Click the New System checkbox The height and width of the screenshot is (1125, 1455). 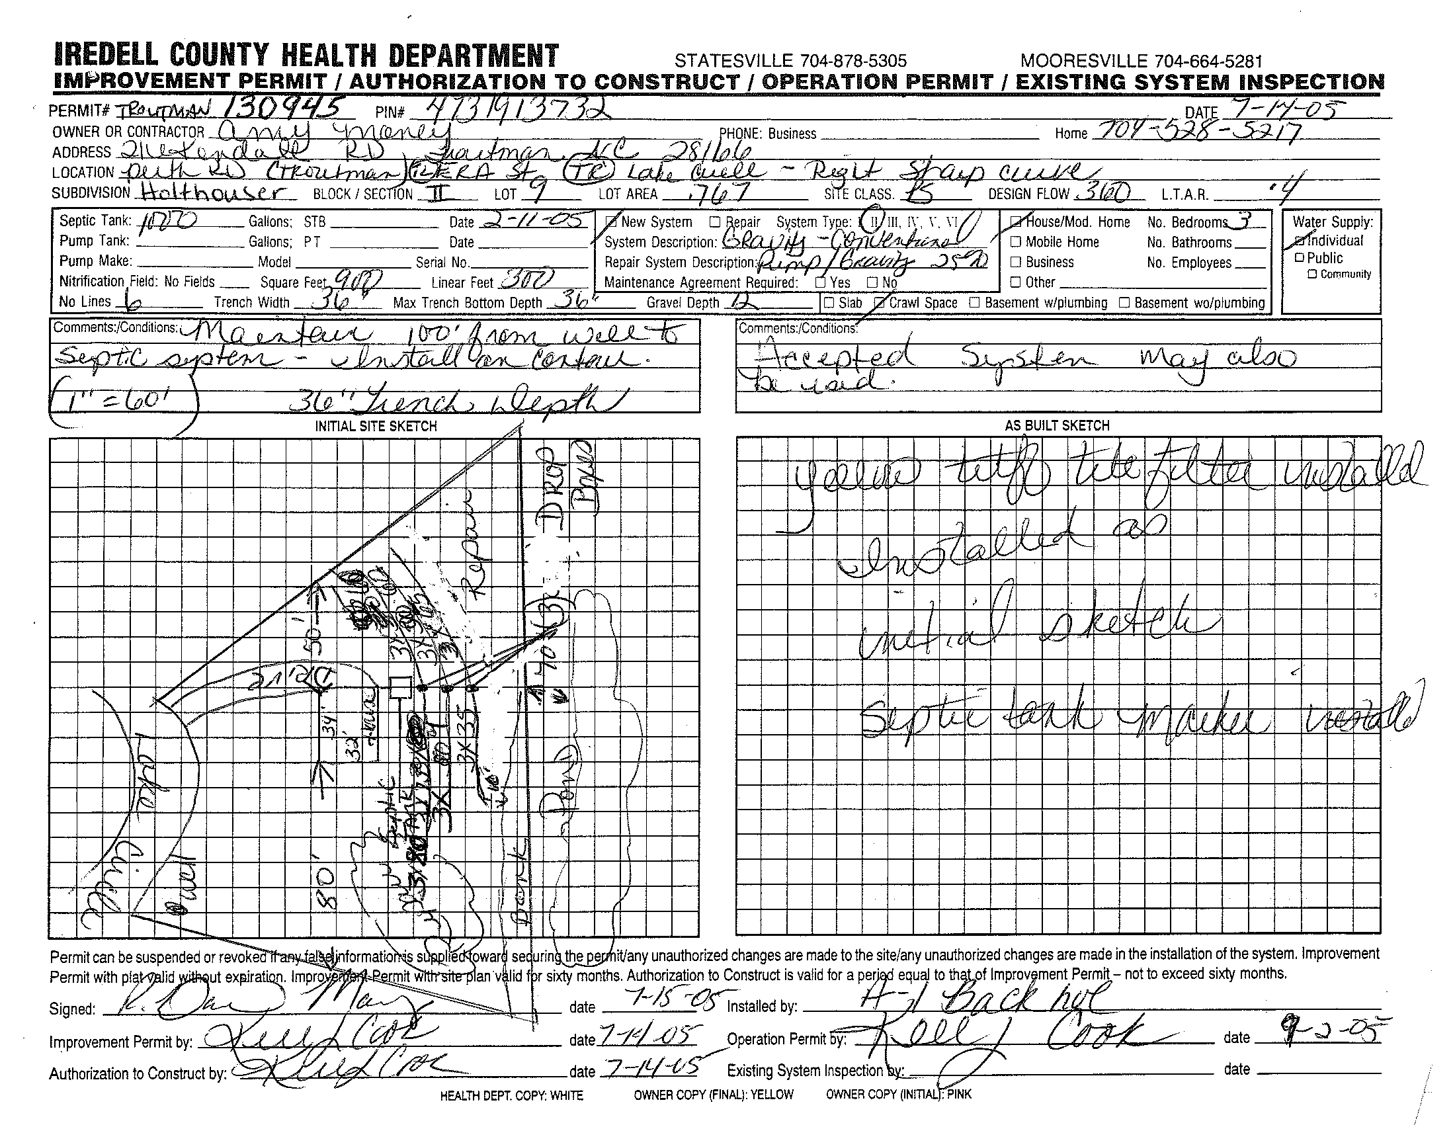[x=612, y=222]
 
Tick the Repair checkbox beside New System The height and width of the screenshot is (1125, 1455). [x=716, y=222]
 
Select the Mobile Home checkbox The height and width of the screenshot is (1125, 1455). [x=1016, y=242]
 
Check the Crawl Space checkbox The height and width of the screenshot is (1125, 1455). [x=880, y=302]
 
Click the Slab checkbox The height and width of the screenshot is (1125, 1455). [x=829, y=302]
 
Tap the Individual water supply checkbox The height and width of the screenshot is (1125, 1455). [x=1299, y=241]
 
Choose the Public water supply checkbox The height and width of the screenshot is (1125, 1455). [x=1299, y=258]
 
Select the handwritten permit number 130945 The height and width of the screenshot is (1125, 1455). [x=286, y=106]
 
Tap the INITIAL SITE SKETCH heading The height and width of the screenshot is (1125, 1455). [x=376, y=427]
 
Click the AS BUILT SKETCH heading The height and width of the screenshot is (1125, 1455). [x=1058, y=426]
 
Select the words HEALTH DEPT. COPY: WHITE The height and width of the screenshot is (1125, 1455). [x=511, y=1095]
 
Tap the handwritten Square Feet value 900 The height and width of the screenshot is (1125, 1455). [x=356, y=280]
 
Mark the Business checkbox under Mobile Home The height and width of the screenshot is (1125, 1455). [x=1016, y=262]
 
